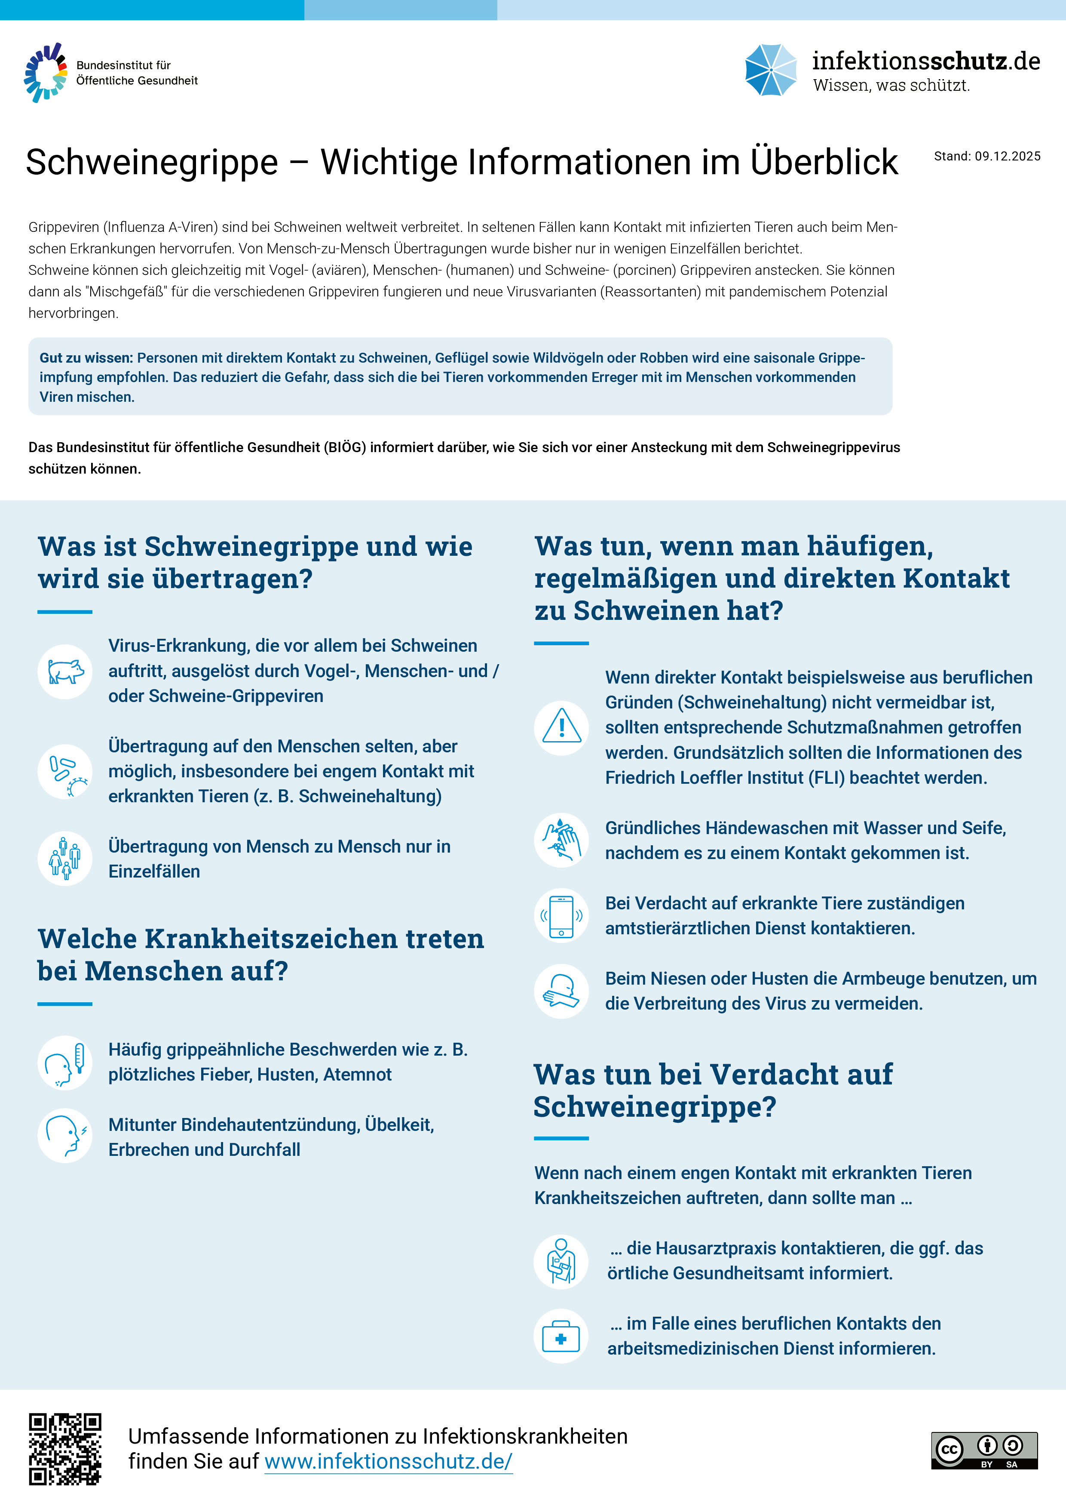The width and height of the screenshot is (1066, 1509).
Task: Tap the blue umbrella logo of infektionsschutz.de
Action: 770,70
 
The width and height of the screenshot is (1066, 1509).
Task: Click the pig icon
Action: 65,671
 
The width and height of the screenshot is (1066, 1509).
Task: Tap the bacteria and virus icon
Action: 65,772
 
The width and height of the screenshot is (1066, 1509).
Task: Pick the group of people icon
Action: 65,858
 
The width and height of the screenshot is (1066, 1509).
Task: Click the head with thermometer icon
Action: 65,1062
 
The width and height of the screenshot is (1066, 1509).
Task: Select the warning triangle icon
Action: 561,727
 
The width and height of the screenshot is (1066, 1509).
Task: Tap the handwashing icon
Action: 561,840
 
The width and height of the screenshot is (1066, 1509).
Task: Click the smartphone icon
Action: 561,915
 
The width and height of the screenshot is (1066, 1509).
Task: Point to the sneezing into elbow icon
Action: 561,991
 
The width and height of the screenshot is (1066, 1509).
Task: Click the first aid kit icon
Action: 561,1336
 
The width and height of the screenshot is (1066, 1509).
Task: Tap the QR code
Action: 65,1448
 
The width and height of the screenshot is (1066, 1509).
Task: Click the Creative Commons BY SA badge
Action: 984,1450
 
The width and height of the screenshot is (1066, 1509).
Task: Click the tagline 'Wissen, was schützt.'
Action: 891,86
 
